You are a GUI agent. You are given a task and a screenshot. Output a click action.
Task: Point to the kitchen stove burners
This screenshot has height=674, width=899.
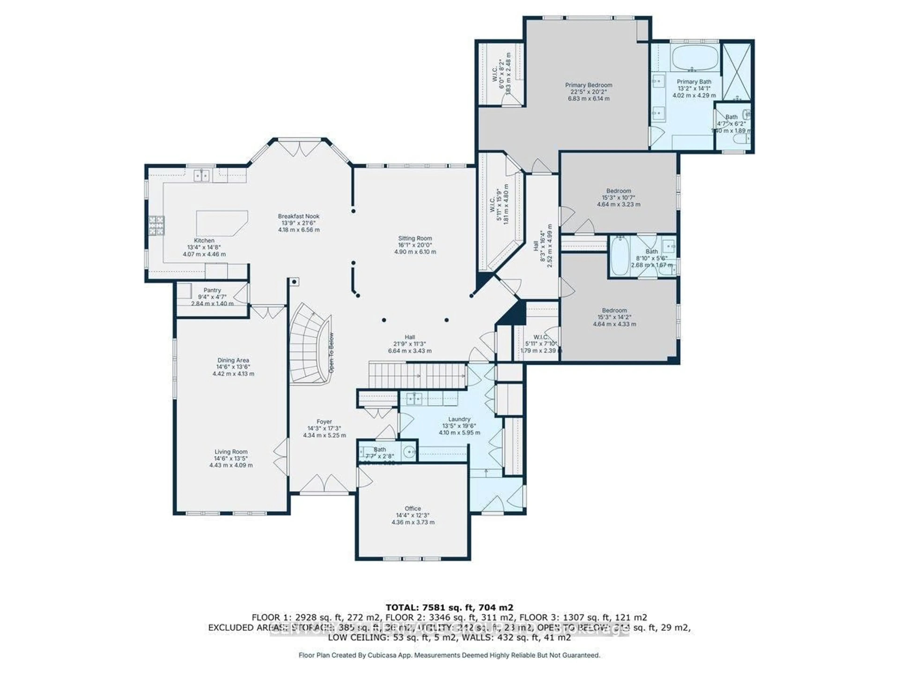tap(156, 226)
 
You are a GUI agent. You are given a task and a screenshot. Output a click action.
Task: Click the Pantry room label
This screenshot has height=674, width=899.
tap(212, 290)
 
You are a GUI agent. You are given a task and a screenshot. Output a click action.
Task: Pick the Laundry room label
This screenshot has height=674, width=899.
tap(459, 419)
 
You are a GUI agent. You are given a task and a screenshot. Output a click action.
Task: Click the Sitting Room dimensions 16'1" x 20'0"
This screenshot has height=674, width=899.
tap(415, 245)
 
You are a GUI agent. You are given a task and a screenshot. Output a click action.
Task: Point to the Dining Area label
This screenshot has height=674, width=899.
tap(233, 360)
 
